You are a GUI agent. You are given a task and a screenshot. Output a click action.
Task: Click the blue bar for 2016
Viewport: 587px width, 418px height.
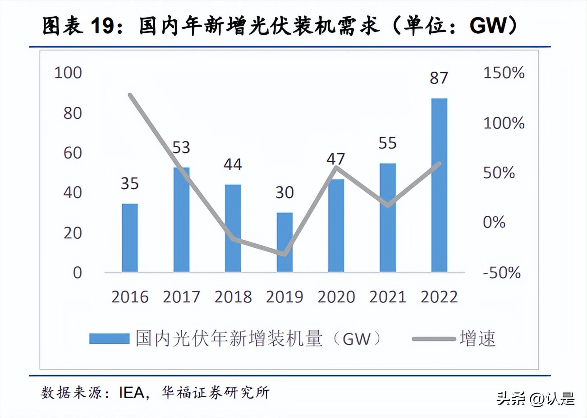click(129, 238)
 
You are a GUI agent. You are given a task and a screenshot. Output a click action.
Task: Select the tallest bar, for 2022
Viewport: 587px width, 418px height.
click(439, 185)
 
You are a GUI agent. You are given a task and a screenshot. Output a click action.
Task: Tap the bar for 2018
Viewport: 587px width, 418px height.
click(233, 228)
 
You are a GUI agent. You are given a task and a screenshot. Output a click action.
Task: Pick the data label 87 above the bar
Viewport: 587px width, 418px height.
click(439, 78)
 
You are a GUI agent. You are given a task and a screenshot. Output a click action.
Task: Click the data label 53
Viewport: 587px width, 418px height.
click(181, 148)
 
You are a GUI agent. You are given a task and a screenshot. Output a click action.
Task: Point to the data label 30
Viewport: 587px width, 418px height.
click(284, 193)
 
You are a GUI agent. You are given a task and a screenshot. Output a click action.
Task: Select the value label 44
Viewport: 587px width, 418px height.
click(233, 164)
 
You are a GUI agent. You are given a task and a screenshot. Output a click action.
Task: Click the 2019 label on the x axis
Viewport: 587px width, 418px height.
click(284, 297)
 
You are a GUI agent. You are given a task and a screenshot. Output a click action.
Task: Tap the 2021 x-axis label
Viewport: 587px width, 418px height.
click(388, 297)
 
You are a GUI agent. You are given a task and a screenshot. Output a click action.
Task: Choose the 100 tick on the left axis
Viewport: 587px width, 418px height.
click(68, 73)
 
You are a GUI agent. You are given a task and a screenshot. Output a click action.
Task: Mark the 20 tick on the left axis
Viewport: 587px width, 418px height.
click(72, 233)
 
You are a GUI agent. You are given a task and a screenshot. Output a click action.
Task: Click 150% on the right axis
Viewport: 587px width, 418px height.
click(504, 73)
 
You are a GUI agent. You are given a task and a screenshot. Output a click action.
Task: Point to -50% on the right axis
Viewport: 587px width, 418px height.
click(502, 273)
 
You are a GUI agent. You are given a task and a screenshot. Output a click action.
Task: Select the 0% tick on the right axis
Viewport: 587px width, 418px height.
click(494, 222)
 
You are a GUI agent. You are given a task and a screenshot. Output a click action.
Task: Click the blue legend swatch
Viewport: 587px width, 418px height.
click(109, 339)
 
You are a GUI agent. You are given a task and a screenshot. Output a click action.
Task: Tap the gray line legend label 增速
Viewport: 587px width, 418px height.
click(477, 339)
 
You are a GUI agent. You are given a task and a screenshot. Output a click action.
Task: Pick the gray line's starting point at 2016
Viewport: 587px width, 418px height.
click(130, 95)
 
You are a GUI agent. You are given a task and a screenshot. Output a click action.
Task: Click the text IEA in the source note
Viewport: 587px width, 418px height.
click(131, 393)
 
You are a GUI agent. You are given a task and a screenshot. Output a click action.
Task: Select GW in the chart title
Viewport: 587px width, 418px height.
click(489, 26)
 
